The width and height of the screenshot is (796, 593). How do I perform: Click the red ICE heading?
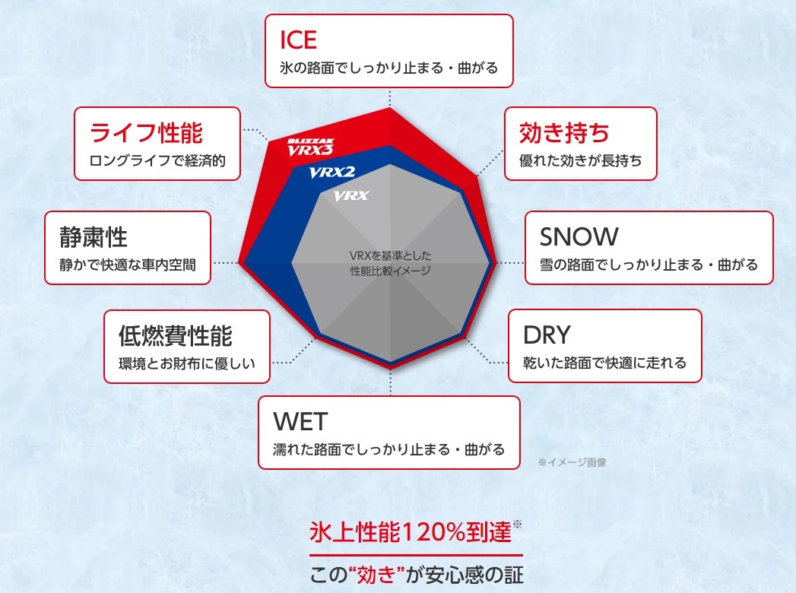pyautogui.click(x=298, y=40)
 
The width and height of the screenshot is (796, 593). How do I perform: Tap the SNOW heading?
pyautogui.click(x=579, y=236)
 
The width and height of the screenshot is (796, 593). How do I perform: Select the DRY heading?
pyautogui.click(x=547, y=335)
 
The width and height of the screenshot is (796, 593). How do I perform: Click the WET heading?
pyautogui.click(x=300, y=421)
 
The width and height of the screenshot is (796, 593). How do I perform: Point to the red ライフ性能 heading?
pyautogui.click(x=146, y=133)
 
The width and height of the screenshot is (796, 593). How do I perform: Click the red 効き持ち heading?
pyautogui.click(x=564, y=133)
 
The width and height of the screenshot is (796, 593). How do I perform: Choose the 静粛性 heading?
pyautogui.click(x=94, y=237)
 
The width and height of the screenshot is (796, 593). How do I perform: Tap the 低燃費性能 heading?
pyautogui.click(x=175, y=335)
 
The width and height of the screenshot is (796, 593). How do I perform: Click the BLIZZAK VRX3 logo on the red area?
pyautogui.click(x=310, y=147)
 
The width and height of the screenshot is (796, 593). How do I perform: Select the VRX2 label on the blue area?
pyautogui.click(x=332, y=173)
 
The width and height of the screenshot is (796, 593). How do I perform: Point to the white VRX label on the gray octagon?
pyautogui.click(x=351, y=195)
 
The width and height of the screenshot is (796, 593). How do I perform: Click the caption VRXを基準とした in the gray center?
pyautogui.click(x=390, y=255)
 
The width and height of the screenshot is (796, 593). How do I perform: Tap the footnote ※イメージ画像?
pyautogui.click(x=572, y=462)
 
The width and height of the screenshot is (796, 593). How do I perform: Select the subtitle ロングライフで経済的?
pyautogui.click(x=157, y=161)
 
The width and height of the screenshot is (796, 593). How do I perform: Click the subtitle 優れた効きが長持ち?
pyautogui.click(x=580, y=161)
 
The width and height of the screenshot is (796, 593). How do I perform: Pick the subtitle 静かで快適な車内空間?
pyautogui.click(x=128, y=265)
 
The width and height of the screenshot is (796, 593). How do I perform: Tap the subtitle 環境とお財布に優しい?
pyautogui.click(x=186, y=363)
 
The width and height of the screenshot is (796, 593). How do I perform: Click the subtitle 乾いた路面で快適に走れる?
pyautogui.click(x=604, y=363)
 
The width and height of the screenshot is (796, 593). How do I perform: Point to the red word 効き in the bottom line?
pyautogui.click(x=376, y=575)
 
